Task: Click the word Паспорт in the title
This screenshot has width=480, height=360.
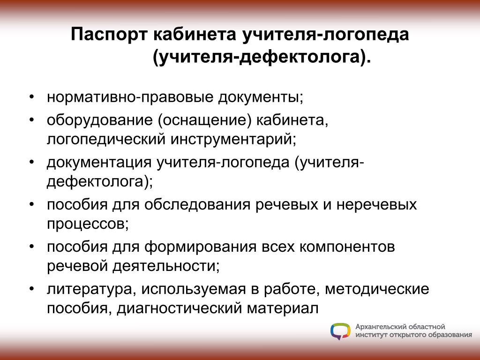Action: pos(109,35)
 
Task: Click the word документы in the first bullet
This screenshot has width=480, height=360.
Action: pos(261,97)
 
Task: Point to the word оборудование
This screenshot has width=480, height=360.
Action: pos(100,120)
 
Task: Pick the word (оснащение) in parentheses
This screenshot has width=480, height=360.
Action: pos(205,120)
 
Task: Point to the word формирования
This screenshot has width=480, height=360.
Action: pos(200,247)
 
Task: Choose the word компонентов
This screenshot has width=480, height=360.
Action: pos(347,247)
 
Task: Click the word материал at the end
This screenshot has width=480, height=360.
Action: pos(283,308)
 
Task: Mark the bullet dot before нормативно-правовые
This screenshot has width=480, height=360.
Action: pos(32,97)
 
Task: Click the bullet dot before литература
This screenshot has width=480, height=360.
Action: pos(32,289)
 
